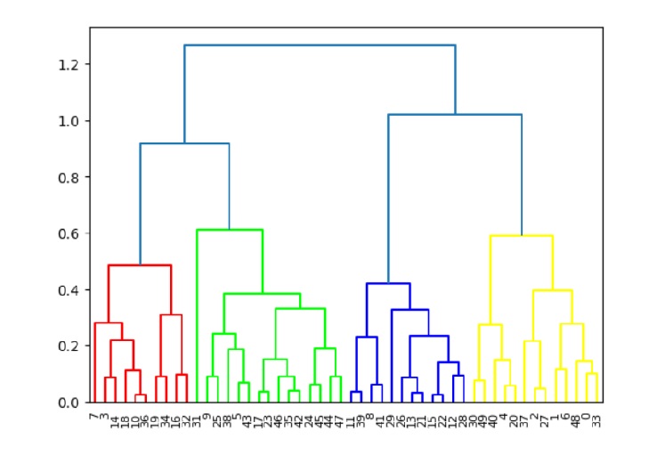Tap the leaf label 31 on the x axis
(197, 416)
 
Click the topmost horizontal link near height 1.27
(320, 45)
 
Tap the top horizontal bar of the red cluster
(140, 265)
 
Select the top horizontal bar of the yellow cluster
(522, 236)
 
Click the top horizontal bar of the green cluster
(230, 230)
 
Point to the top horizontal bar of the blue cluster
(388, 283)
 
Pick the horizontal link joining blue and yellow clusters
(455, 114)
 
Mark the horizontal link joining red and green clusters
(184, 143)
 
